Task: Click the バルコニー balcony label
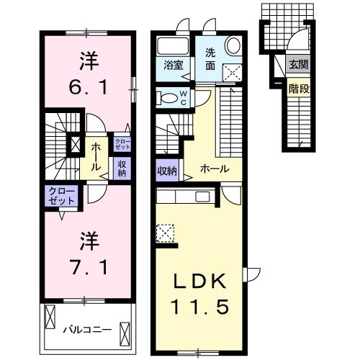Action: (x=86, y=330)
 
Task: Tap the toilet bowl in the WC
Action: (x=167, y=98)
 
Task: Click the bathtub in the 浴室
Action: (x=171, y=45)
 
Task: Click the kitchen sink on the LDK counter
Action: (x=202, y=197)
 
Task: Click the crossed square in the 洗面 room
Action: (x=233, y=71)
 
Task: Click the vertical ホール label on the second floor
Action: (x=96, y=156)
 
